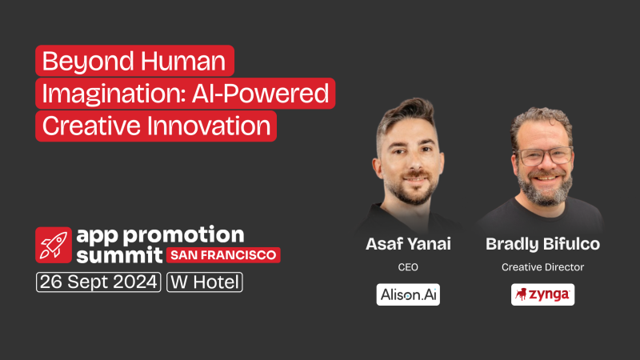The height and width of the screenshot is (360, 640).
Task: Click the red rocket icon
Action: (x=53, y=244)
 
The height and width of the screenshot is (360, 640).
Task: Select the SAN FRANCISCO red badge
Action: (x=222, y=255)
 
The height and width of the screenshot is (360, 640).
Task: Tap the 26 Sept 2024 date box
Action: (x=98, y=282)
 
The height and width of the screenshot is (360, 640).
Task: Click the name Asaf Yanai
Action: (x=408, y=243)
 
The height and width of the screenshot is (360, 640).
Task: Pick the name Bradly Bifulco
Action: (x=542, y=243)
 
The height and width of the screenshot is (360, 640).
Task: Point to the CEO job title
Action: (x=408, y=266)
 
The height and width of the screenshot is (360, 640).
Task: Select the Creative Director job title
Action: (x=542, y=266)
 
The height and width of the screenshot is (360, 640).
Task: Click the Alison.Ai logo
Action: (x=408, y=294)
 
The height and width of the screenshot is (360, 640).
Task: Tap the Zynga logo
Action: (x=542, y=294)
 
